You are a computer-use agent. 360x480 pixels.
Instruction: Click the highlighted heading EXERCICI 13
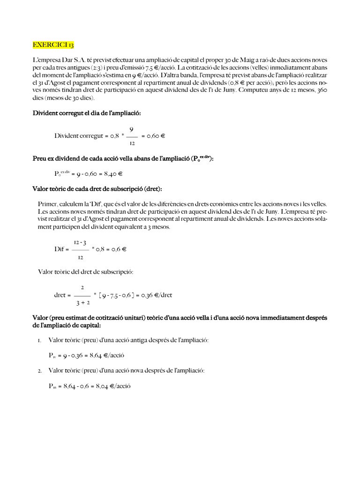53,45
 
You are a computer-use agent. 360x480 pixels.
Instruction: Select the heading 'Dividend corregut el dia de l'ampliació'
86,113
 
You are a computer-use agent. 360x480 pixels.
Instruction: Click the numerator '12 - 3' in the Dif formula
81,241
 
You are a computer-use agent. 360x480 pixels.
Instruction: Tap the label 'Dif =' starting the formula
62,249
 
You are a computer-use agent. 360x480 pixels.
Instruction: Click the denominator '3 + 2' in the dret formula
82,303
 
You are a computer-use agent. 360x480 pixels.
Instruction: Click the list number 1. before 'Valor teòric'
39,340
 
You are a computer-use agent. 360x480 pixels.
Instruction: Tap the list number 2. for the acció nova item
40,371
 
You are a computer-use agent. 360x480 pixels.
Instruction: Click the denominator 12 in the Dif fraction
81,257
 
